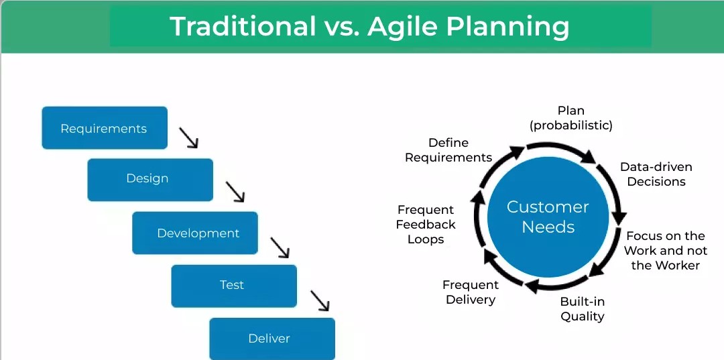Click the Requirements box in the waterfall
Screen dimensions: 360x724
(104, 128)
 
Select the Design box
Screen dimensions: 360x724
(149, 179)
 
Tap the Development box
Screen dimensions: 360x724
(194, 233)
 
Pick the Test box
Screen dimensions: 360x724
(233, 286)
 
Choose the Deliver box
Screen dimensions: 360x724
(271, 339)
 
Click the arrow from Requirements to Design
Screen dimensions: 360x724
(189, 138)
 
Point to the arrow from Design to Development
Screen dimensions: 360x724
(235, 192)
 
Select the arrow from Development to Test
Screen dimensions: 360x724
(280, 247)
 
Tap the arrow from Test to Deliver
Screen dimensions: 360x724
(320, 300)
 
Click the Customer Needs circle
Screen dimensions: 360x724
(548, 217)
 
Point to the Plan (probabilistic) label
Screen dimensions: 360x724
(570, 118)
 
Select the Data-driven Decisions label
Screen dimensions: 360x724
(656, 174)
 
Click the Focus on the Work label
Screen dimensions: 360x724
(665, 251)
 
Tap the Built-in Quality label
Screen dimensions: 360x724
(582, 309)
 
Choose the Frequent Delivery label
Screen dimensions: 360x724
(470, 292)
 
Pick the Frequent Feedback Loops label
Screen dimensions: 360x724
(426, 225)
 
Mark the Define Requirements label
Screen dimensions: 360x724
(448, 150)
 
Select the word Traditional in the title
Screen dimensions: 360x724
(243, 27)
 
